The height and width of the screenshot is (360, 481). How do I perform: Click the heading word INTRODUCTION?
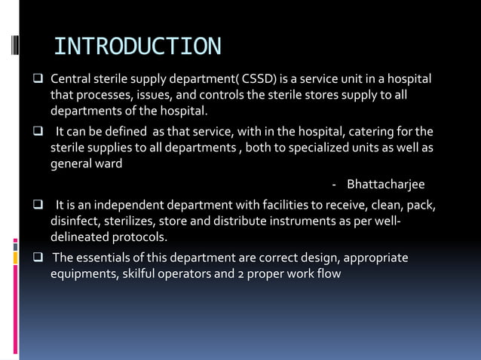click(x=138, y=46)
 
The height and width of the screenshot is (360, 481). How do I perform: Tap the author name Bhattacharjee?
click(x=385, y=185)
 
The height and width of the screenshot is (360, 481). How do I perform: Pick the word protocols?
click(x=140, y=236)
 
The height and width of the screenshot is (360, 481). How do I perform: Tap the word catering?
click(x=379, y=132)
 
